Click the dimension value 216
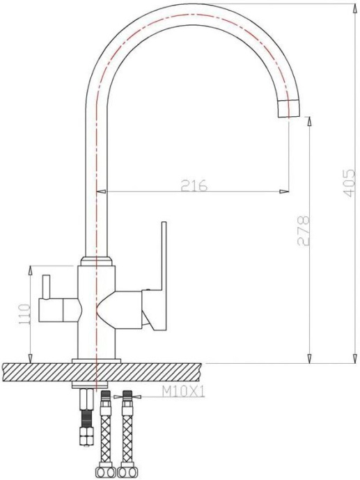coord(194,185)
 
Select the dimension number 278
coord(303,232)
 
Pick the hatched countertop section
coord(42,371)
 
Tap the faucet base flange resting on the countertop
coord(97,360)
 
